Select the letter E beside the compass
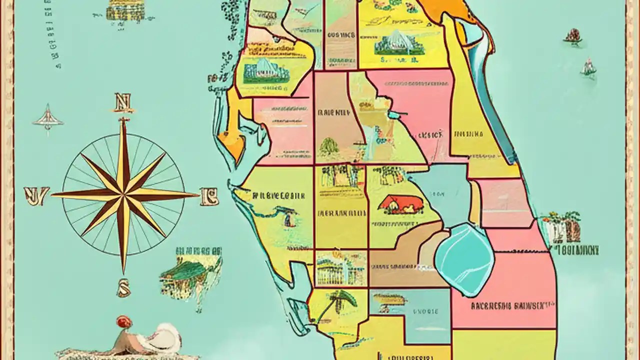point(209,196)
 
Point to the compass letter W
point(36,196)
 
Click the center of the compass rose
point(123,195)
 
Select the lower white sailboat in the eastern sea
point(588,68)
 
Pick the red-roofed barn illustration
point(399,204)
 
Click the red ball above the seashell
point(123,322)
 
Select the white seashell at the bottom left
point(162,337)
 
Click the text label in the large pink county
point(512,305)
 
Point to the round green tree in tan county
point(329,146)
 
